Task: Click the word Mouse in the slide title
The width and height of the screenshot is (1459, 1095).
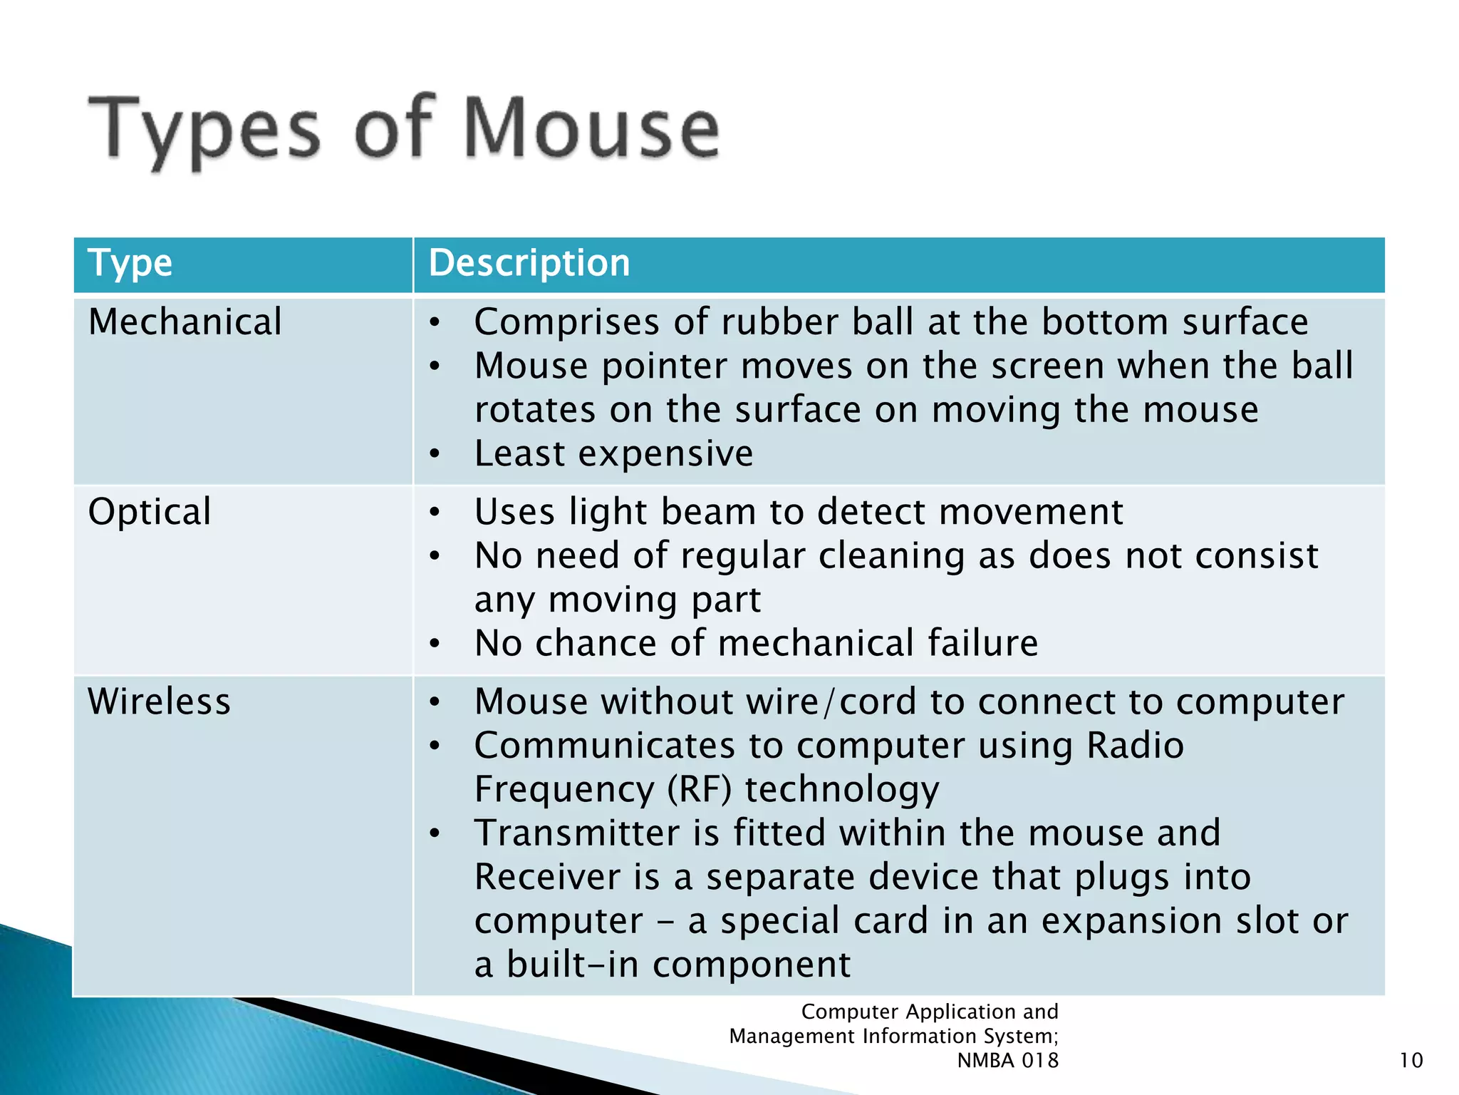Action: pos(591,129)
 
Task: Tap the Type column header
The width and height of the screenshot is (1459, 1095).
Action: pos(130,263)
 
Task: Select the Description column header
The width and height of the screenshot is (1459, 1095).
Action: pos(529,263)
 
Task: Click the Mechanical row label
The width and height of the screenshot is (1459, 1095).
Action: pos(185,322)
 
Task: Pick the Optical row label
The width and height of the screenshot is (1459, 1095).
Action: pos(150,512)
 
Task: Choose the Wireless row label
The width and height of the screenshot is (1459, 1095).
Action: pos(160,701)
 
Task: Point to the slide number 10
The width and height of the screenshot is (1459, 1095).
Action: pos(1411,1060)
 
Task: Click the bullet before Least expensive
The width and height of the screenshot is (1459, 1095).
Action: pos(435,454)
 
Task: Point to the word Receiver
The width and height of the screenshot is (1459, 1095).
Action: pos(547,877)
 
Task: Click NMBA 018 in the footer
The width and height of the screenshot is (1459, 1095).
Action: pos(1007,1061)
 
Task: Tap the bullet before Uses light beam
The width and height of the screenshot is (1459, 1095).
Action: pos(435,513)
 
